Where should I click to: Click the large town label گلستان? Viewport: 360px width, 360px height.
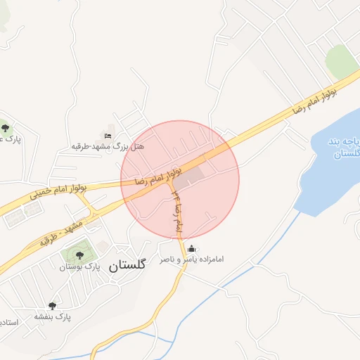pyautogui.click(x=127, y=265)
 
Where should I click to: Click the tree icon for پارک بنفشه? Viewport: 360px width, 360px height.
pyautogui.click(x=50, y=304)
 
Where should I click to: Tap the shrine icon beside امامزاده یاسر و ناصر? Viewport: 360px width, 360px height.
pyautogui.click(x=192, y=248)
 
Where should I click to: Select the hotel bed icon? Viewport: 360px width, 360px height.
pyautogui.click(x=108, y=136)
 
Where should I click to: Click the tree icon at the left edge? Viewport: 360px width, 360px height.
pyautogui.click(x=6, y=127)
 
